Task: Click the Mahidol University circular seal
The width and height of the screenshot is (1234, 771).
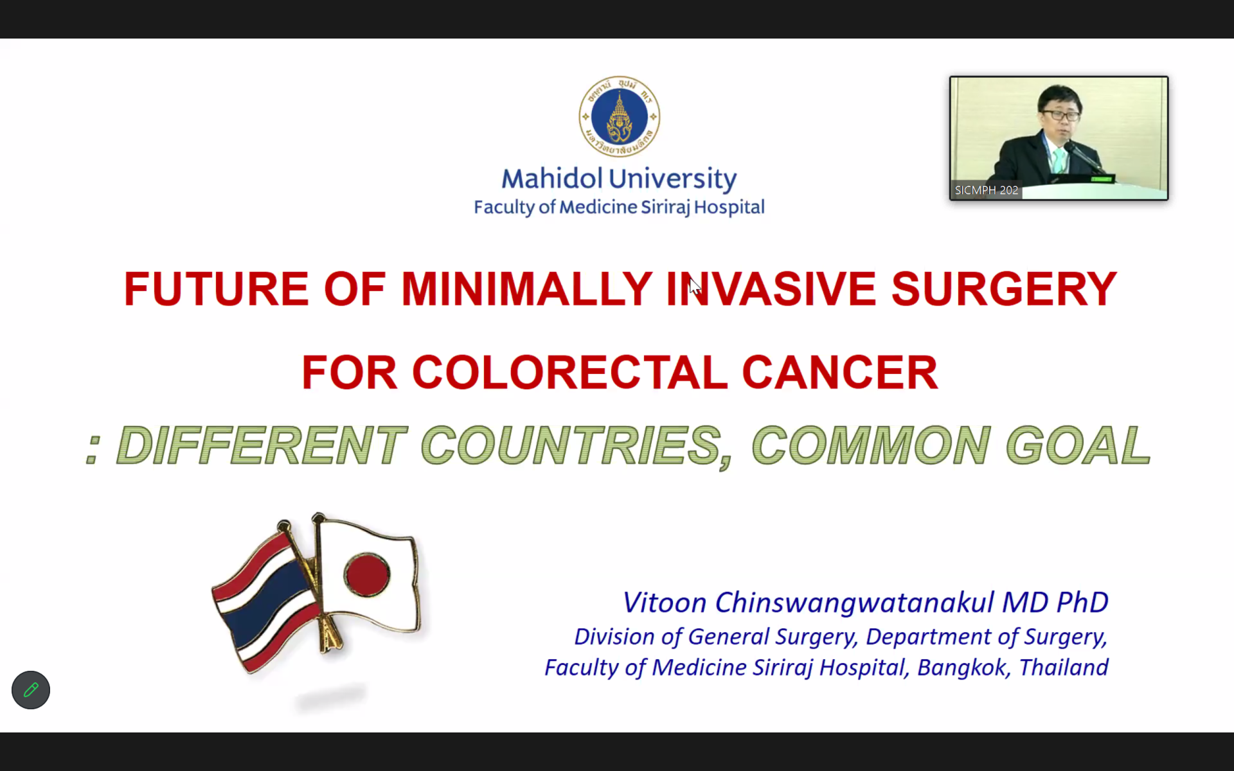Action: [x=619, y=116]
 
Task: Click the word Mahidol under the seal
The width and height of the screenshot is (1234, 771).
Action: [x=551, y=179]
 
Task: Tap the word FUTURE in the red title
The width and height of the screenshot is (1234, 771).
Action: [x=216, y=288]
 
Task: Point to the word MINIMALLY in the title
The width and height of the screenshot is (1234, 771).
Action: [x=526, y=288]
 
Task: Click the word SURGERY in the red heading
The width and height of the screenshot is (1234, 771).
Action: [x=1004, y=288]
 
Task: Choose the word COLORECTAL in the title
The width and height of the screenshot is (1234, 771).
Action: [x=569, y=372]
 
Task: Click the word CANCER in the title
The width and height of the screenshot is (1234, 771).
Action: [x=840, y=372]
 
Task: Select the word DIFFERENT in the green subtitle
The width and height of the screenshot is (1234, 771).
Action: [x=262, y=445]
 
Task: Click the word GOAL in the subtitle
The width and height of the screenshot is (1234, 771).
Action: [x=1078, y=445]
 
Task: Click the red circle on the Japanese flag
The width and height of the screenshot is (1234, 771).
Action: [x=367, y=573]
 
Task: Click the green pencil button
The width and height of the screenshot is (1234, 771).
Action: [x=31, y=690]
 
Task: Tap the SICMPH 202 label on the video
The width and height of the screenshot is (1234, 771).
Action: [x=987, y=190]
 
